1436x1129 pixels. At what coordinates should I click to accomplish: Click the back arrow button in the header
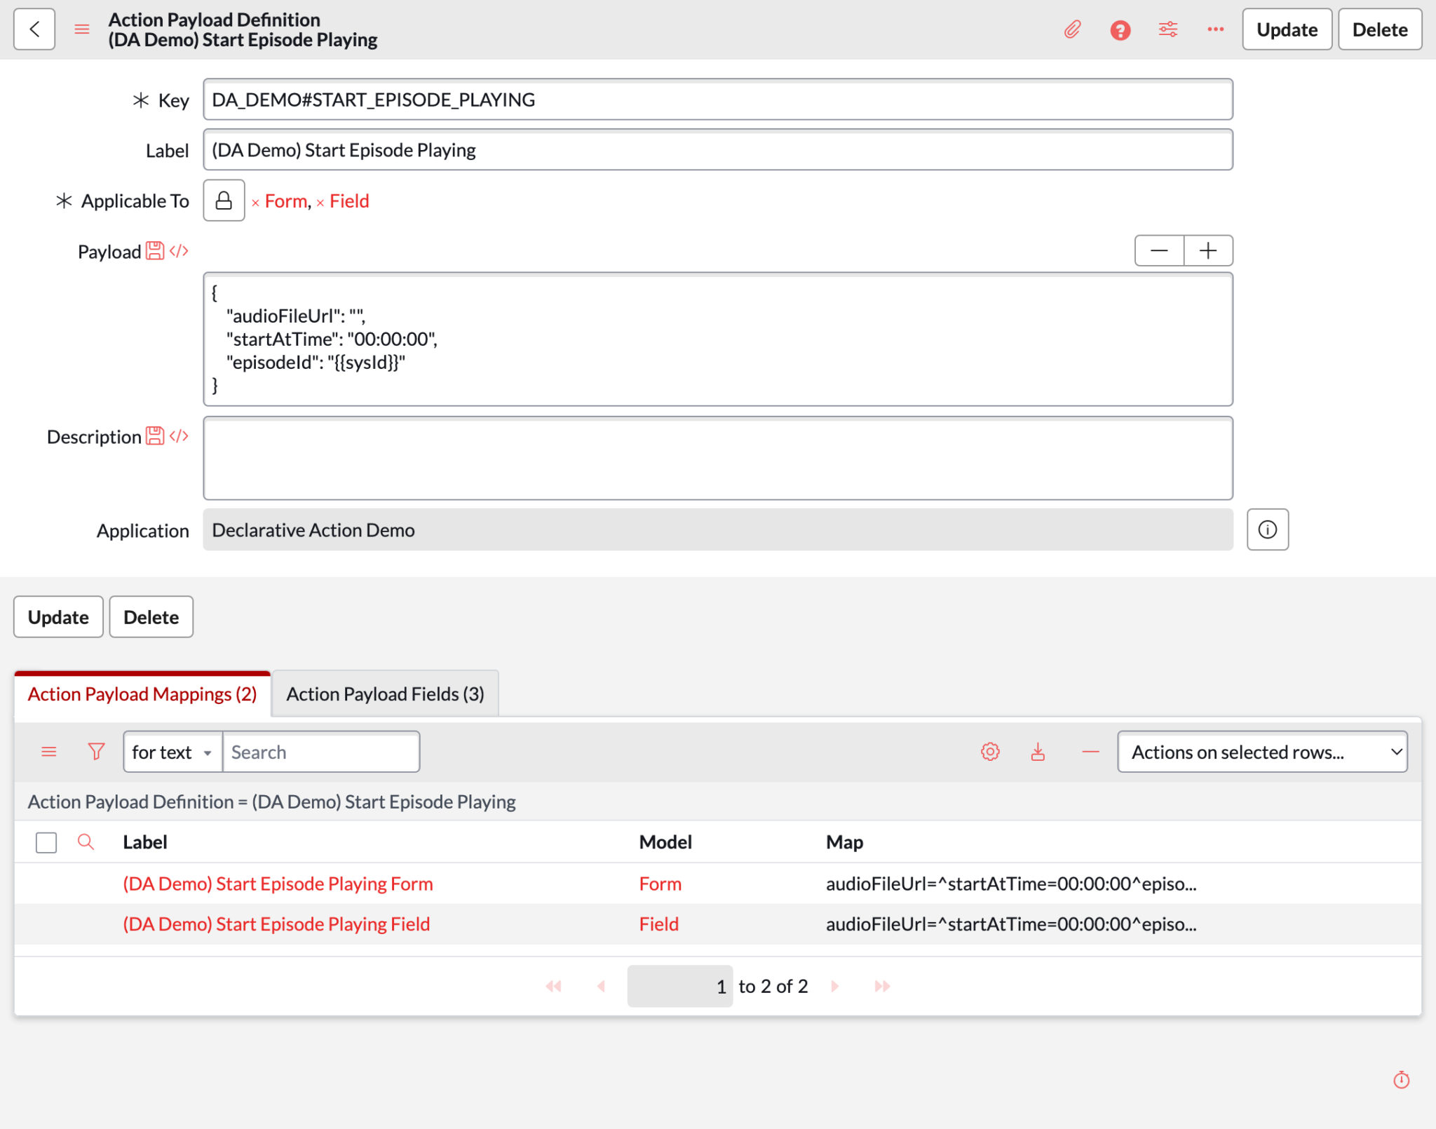click(34, 29)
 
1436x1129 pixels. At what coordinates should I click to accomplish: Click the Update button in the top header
click(1286, 29)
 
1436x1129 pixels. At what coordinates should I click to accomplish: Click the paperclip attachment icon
click(1072, 29)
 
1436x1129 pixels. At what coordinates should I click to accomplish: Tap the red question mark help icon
click(1120, 30)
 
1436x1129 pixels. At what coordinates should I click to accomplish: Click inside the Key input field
click(717, 100)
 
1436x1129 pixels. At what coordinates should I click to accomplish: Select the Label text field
click(717, 150)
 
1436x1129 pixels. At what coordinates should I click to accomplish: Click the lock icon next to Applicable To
click(224, 201)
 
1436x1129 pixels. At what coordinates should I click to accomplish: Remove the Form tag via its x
click(256, 203)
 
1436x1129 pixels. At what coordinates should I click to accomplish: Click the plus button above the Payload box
click(1207, 251)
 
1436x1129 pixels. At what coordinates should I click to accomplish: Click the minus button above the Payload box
click(1159, 251)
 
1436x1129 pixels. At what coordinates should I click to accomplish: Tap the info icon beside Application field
click(1267, 530)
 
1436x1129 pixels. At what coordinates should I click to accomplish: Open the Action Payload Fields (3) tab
click(385, 694)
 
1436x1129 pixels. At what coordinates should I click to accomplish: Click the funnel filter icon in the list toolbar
click(96, 752)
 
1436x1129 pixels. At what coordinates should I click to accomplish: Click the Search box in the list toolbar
click(320, 752)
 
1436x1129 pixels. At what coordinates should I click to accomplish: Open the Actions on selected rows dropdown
click(1261, 752)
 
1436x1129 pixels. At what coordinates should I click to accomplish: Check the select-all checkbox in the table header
click(46, 842)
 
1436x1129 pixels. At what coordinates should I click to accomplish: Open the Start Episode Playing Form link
click(278, 884)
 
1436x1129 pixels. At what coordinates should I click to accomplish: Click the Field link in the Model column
click(658, 924)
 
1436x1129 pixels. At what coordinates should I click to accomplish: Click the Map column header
click(844, 842)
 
